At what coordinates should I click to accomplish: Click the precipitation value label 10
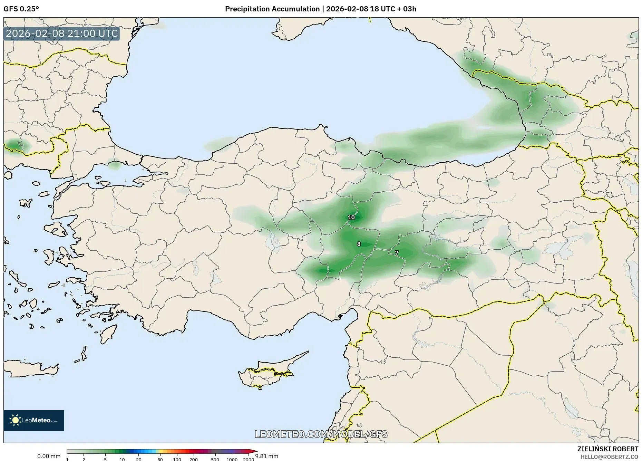(x=351, y=218)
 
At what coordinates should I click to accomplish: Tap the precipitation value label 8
(x=359, y=244)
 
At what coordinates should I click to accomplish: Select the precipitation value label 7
(x=397, y=253)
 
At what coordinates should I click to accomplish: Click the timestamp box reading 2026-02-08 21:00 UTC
(x=62, y=34)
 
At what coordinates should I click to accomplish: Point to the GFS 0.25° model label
(x=21, y=9)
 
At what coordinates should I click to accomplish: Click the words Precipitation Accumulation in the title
(x=272, y=9)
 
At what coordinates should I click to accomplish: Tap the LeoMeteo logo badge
(x=34, y=420)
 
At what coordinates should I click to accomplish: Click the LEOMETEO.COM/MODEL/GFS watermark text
(x=321, y=434)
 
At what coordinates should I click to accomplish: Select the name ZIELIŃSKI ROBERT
(x=607, y=449)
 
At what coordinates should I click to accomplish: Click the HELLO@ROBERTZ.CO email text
(x=609, y=457)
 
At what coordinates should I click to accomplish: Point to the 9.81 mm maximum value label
(x=267, y=456)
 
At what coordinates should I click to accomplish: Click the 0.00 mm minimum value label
(x=49, y=456)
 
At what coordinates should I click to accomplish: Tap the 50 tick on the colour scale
(x=160, y=460)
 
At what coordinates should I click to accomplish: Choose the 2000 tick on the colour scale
(x=249, y=460)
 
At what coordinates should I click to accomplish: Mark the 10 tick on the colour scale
(x=122, y=460)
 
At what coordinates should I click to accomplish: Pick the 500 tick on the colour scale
(x=215, y=460)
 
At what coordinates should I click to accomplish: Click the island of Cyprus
(x=266, y=373)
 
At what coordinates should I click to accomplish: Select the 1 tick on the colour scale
(x=67, y=460)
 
